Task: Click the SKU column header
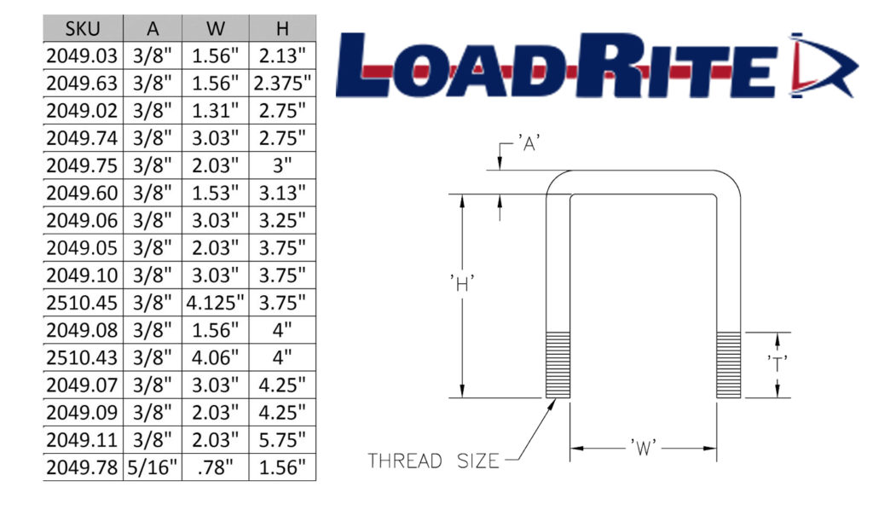[x=83, y=28]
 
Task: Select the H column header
[x=282, y=28]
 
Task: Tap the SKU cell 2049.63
[x=82, y=83]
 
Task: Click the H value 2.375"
[x=282, y=83]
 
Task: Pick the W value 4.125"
[x=215, y=302]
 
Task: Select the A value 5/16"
[x=152, y=467]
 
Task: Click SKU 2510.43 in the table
[x=82, y=356]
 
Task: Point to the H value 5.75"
[x=282, y=439]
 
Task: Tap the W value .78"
[x=215, y=467]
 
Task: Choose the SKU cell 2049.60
[x=82, y=193]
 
